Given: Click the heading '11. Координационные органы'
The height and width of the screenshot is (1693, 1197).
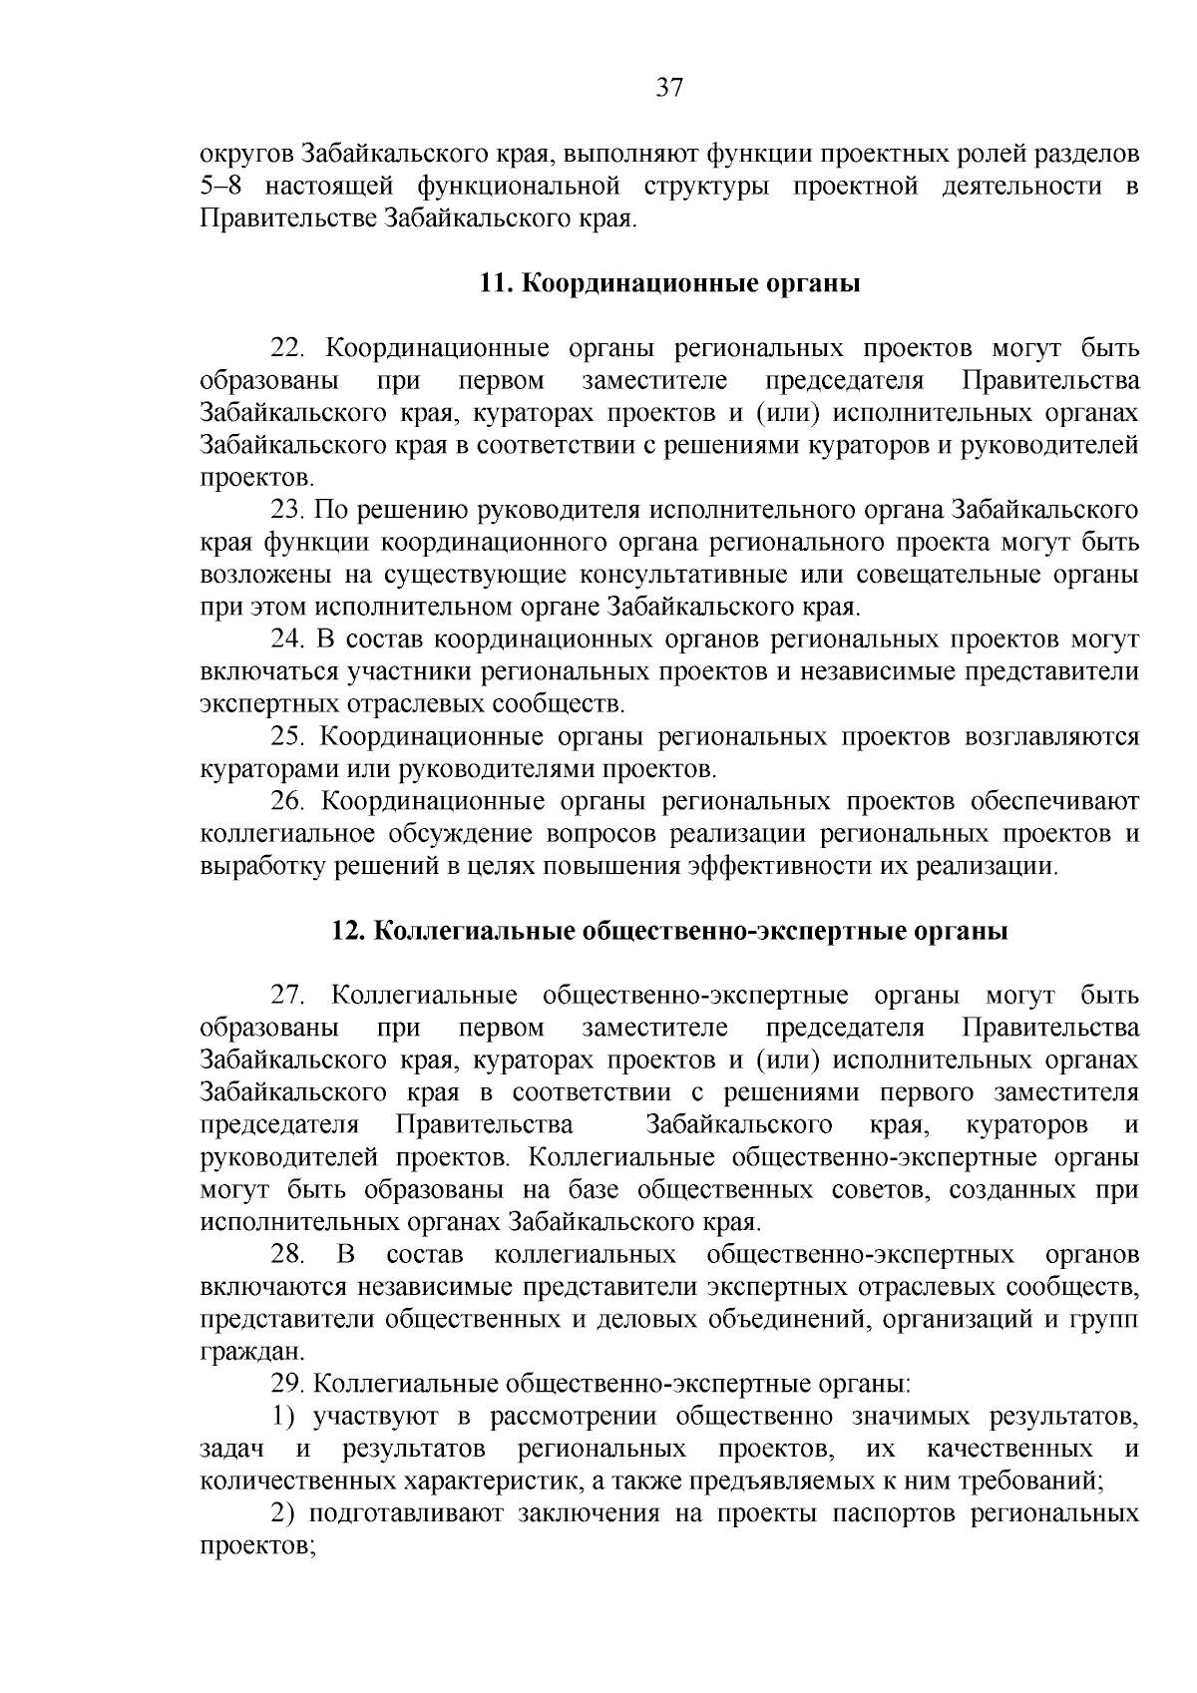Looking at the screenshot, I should tap(669, 283).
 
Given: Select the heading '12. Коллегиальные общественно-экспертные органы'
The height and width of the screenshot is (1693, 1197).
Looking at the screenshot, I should tap(669, 932).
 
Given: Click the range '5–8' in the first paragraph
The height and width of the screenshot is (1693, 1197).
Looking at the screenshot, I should tap(223, 187).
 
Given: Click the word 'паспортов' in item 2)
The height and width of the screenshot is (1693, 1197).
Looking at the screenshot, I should tap(889, 1514).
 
